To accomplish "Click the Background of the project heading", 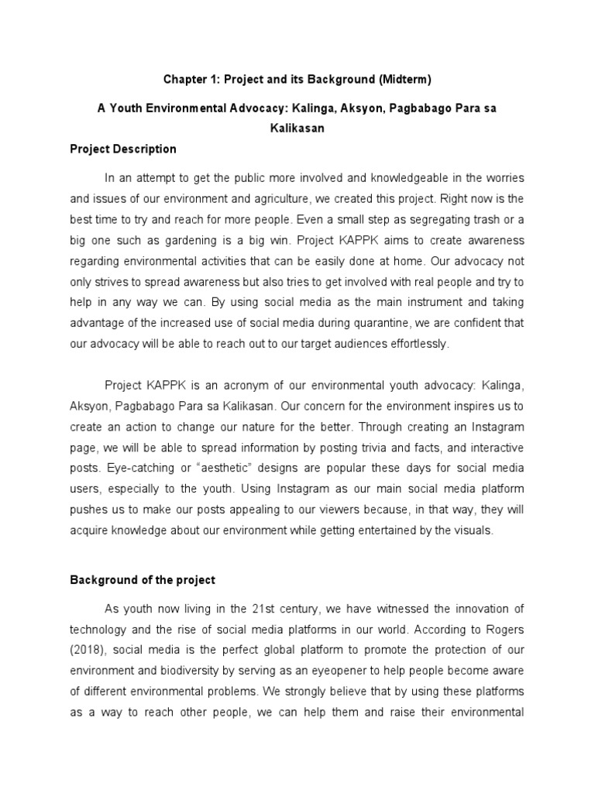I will click(143, 579).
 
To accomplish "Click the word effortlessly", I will click(414, 343).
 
